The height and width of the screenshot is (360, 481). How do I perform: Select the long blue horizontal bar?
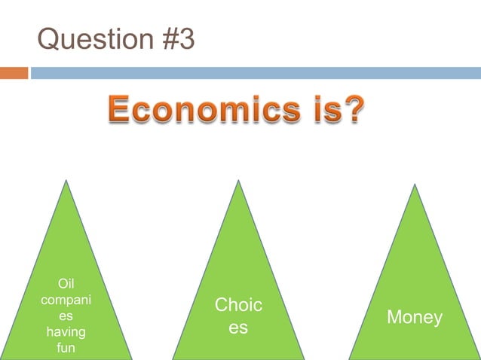click(256, 73)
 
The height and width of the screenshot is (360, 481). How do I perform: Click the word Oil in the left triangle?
click(66, 284)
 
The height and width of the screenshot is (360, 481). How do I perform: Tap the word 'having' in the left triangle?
click(66, 331)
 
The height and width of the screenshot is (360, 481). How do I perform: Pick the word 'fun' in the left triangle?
click(66, 347)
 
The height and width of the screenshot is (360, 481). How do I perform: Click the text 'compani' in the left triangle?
click(66, 300)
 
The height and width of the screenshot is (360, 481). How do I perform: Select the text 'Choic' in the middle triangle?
click(238, 305)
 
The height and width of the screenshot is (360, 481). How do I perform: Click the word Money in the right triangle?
click(414, 318)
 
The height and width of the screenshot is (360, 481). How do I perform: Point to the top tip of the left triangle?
click(66, 181)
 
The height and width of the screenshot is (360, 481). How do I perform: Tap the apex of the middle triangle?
click(239, 181)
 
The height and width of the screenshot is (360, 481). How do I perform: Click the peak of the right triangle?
click(415, 185)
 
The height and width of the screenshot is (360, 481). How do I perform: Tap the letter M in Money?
click(394, 318)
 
